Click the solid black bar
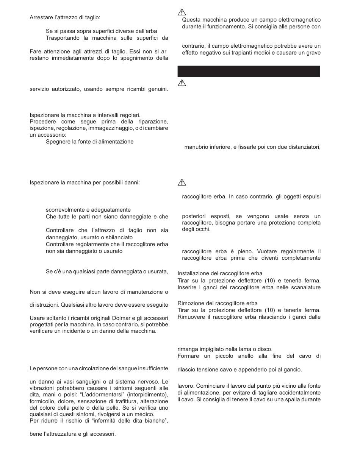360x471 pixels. [249, 71]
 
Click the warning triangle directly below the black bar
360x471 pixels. [182, 82]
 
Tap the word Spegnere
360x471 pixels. [58, 142]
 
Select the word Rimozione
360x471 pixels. [189, 303]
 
